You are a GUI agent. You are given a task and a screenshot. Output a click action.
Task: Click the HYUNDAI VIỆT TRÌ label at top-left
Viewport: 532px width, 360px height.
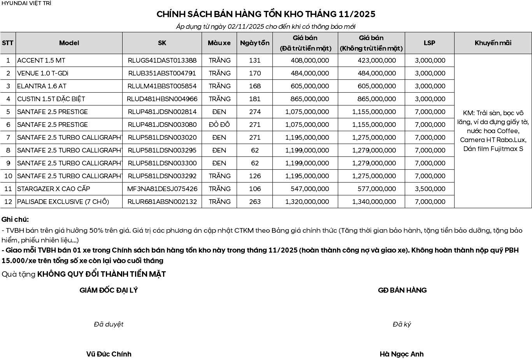point(26,3)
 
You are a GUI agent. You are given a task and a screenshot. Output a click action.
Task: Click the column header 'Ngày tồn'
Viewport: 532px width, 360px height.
point(255,43)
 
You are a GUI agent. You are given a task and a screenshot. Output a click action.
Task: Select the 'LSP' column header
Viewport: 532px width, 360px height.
point(429,43)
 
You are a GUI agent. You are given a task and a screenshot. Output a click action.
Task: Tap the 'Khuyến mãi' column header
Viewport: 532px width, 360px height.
point(493,43)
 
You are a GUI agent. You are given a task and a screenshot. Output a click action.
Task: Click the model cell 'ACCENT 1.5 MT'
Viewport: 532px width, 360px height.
point(41,60)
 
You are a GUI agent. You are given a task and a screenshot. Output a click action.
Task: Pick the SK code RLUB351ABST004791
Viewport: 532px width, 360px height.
point(162,73)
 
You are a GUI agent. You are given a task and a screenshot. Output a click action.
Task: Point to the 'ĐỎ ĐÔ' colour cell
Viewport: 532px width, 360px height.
point(219,125)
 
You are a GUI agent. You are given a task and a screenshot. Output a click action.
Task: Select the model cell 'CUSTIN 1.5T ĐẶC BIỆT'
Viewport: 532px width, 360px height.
point(51,99)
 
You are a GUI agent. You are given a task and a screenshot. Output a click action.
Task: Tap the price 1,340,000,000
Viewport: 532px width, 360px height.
point(374,202)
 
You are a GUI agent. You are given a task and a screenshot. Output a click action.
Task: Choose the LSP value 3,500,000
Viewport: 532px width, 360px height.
point(430,189)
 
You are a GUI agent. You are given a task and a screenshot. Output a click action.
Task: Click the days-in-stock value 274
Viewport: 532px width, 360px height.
point(255,112)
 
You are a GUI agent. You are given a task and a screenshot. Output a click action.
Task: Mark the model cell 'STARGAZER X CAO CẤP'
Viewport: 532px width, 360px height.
point(54,189)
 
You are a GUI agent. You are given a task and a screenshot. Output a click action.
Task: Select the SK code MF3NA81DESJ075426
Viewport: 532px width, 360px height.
point(162,189)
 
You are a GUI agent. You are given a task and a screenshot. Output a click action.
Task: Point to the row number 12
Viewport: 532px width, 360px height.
point(8,202)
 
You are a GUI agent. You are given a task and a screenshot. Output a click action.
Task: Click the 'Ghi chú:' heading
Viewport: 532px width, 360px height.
point(15,220)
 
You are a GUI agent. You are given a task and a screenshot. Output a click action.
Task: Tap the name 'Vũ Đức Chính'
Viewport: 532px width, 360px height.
point(109,354)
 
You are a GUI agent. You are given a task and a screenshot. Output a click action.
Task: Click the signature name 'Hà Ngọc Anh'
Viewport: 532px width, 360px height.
point(402,354)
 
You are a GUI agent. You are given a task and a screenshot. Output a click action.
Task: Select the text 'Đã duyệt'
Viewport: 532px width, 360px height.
point(109,324)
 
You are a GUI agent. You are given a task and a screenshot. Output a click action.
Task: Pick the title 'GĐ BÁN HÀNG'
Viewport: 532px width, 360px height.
point(402,290)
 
